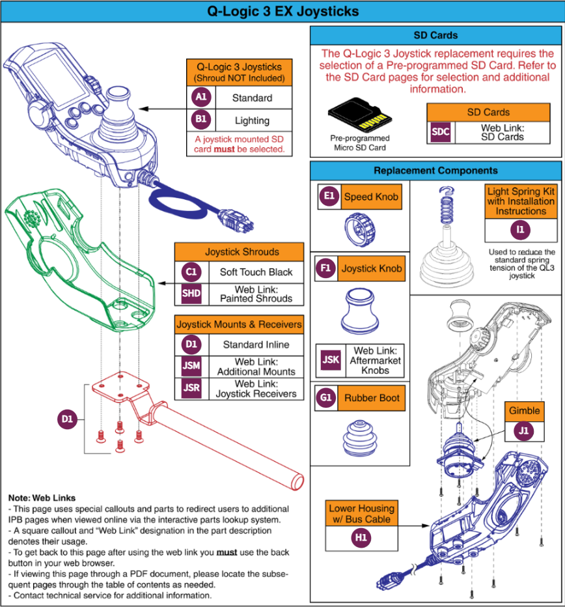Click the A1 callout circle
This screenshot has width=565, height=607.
point(201,98)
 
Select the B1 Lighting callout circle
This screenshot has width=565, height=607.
point(201,120)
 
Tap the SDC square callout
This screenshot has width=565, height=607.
point(441,132)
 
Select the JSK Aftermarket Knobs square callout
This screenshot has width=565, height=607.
point(330,360)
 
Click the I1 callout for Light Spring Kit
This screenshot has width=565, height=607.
point(521,230)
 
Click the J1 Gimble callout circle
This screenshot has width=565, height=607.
point(524,431)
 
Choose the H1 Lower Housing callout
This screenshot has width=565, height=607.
point(361,539)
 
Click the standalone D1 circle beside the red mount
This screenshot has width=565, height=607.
point(68,420)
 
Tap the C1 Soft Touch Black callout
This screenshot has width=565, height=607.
point(191,272)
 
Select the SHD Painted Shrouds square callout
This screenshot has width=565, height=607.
point(191,294)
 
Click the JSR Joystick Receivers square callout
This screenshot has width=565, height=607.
point(191,388)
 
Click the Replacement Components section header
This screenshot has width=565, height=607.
point(435,171)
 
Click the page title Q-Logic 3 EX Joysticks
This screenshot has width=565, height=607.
point(282,12)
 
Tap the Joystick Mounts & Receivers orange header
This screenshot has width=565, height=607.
point(239,324)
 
